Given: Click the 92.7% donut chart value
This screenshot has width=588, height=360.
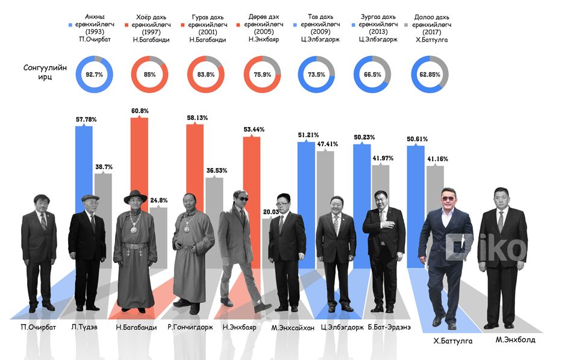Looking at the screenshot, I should coord(95,75).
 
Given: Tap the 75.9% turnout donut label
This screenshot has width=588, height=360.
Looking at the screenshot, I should coord(261,75).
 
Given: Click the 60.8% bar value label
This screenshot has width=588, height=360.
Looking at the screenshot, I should coord(139,111).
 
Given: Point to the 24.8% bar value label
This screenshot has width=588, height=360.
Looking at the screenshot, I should coord(159,200).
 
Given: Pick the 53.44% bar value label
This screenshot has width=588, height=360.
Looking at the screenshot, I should coord(252,129).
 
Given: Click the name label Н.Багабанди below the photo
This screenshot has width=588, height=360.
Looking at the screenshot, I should coord(136,327).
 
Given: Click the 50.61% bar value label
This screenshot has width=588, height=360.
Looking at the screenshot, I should coord(417,139).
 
